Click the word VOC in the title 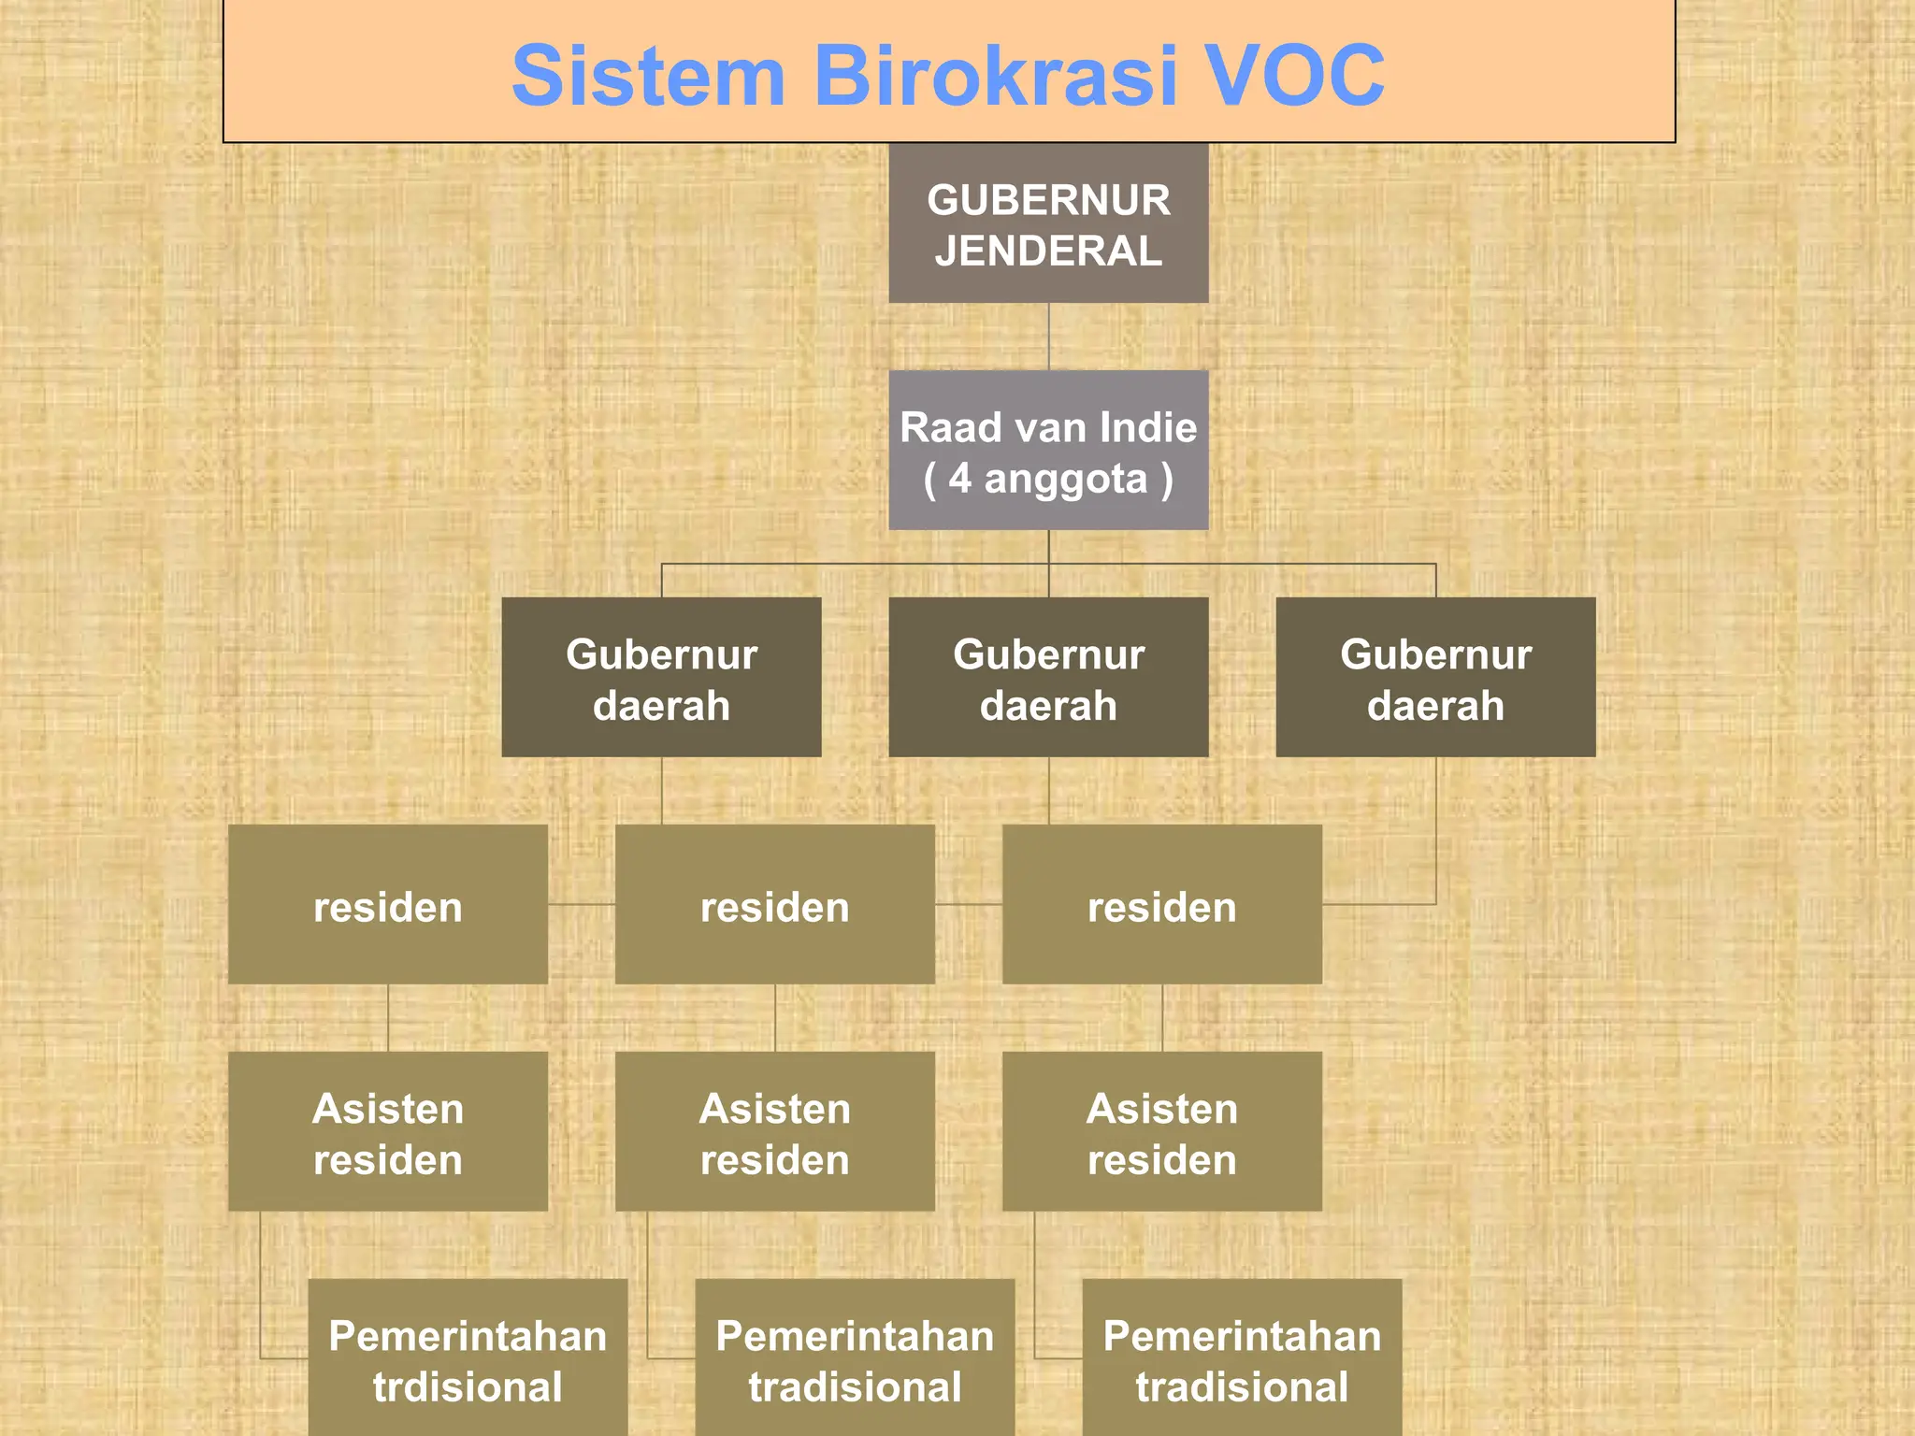click(x=1292, y=75)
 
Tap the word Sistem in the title click(x=648, y=75)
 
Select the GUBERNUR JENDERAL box click(x=1048, y=223)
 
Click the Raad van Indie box click(x=1048, y=450)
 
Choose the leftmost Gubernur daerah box click(x=661, y=677)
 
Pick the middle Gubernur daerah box click(x=1048, y=677)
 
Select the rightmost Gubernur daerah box click(x=1435, y=677)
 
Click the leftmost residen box click(x=387, y=904)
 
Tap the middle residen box click(x=774, y=904)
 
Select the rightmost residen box click(x=1161, y=904)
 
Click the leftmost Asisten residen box click(x=387, y=1131)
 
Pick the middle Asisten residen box click(x=774, y=1131)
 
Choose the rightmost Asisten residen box click(x=1161, y=1131)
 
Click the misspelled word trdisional click(x=468, y=1387)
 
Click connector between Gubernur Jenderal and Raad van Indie click(x=1048, y=337)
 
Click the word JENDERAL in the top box click(x=1048, y=251)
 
